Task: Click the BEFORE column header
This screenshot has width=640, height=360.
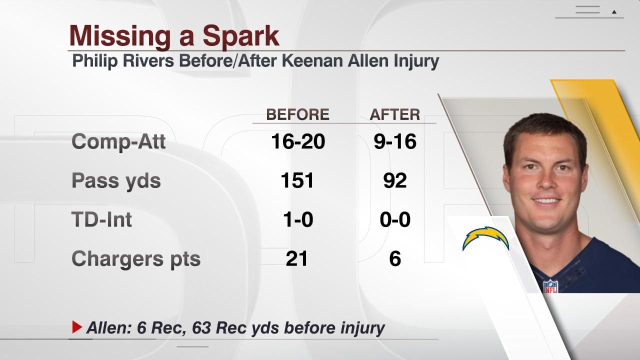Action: [297, 114]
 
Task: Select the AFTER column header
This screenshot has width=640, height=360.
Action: [394, 114]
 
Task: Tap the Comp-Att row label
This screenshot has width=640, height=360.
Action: [118, 141]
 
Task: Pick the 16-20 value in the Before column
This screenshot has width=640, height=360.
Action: [297, 141]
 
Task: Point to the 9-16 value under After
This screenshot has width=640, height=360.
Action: [394, 141]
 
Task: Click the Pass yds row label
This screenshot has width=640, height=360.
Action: [116, 180]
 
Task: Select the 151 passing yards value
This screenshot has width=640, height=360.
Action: [297, 180]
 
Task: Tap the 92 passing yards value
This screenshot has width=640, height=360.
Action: [394, 180]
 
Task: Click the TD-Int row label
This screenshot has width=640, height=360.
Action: [101, 219]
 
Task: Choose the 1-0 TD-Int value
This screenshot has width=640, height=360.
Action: [297, 219]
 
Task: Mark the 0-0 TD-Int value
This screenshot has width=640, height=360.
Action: [394, 219]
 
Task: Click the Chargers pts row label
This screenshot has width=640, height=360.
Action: [135, 258]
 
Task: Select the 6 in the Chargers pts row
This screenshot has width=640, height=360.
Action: [394, 258]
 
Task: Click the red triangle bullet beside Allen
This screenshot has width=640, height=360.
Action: [77, 327]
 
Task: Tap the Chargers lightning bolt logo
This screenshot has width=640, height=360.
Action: [485, 239]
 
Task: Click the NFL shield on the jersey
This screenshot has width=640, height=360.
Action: [550, 286]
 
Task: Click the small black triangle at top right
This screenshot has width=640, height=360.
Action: [614, 11]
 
